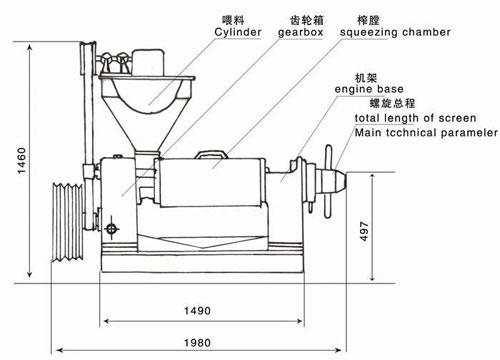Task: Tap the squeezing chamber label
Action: [395, 32]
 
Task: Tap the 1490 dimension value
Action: [201, 310]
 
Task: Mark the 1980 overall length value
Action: [201, 342]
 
